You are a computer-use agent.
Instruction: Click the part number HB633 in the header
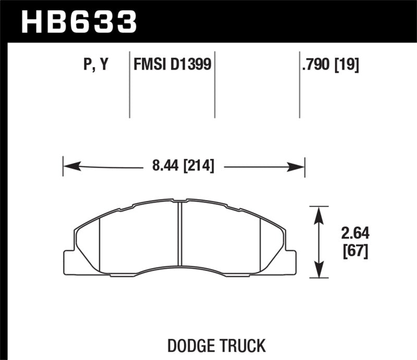coord(78,22)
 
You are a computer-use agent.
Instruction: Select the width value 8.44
coord(163,167)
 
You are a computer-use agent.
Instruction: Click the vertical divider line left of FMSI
coord(129,83)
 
